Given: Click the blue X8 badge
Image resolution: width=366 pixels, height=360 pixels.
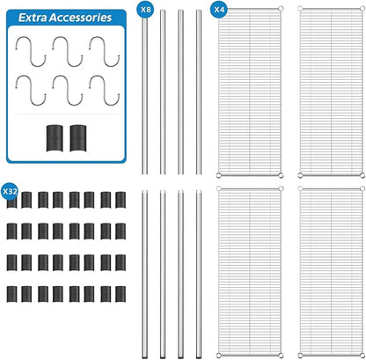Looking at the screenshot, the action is [x=145, y=10].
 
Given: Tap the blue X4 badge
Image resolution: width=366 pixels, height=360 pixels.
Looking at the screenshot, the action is [x=219, y=10].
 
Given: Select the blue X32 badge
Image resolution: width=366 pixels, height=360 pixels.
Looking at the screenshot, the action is [x=10, y=191].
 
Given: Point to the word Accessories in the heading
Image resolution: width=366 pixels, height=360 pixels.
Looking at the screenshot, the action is [x=80, y=18].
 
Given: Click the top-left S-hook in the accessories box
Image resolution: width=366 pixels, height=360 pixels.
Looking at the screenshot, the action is [x=30, y=52].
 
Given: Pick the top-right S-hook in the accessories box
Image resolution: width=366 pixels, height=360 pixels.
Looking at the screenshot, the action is [x=105, y=52].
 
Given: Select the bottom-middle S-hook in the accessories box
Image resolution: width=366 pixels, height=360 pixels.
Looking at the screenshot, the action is [x=68, y=91].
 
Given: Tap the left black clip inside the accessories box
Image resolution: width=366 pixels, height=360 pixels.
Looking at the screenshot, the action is [x=55, y=138].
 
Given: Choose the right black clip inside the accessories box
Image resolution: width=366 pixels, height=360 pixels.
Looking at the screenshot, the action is [x=78, y=138].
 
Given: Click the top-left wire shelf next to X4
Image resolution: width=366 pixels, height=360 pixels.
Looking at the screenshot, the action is [x=250, y=92].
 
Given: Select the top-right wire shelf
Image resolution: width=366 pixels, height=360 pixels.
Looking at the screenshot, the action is [x=332, y=92].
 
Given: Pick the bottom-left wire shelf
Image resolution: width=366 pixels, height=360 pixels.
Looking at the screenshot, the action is [x=250, y=272].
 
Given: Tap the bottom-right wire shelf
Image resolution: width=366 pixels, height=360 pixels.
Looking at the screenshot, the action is [x=332, y=272].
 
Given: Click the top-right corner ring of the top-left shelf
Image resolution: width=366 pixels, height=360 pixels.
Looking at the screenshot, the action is [x=281, y=9].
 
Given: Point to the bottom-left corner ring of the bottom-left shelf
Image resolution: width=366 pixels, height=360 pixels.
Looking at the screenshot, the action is [x=218, y=356].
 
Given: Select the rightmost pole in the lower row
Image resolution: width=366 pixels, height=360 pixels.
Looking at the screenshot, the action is [x=199, y=275].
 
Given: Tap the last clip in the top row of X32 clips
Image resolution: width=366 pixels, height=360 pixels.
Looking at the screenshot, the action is [x=121, y=200].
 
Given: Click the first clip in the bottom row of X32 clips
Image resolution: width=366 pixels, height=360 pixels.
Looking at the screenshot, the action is [x=11, y=294].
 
